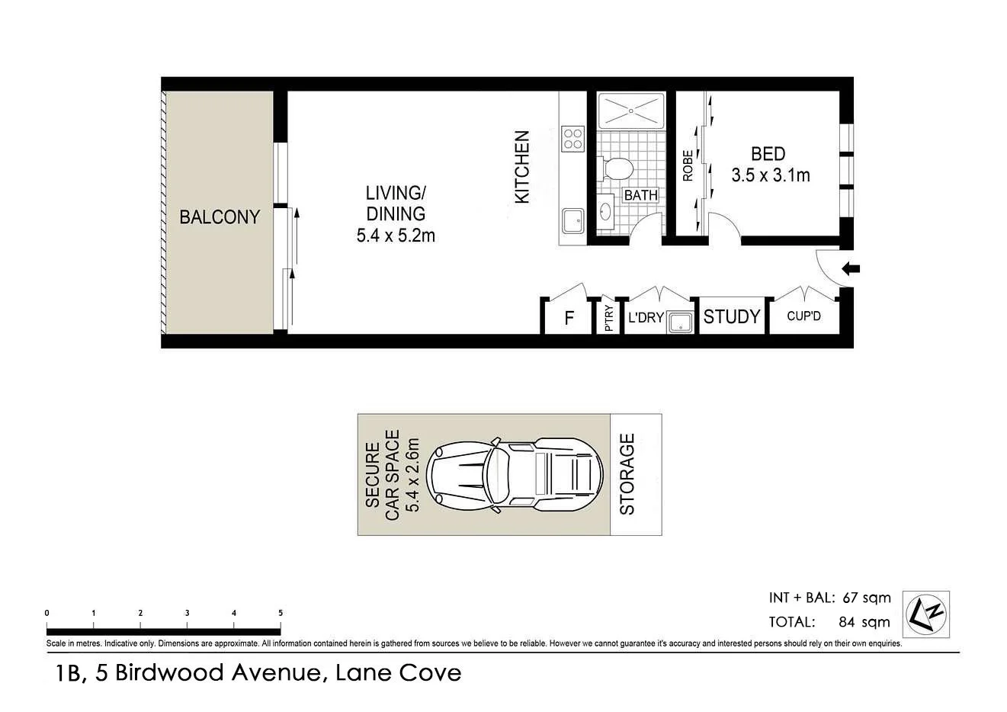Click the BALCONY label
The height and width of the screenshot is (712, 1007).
tap(220, 217)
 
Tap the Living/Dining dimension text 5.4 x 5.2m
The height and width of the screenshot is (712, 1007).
tap(396, 236)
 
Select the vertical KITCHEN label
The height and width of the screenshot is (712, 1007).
tap(522, 167)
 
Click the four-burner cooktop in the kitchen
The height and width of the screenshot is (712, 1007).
tap(572, 139)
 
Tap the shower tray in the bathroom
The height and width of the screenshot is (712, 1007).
tap(631, 111)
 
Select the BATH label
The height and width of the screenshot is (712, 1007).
tap(640, 195)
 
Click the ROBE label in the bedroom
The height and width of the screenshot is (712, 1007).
tap(688, 165)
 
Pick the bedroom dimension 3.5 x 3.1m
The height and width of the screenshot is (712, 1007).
tap(771, 175)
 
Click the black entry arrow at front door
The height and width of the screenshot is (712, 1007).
tap(851, 268)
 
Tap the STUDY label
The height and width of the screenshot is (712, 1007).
tap(732, 316)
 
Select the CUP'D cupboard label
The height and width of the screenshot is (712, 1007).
tap(803, 316)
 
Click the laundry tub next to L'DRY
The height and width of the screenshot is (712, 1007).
tap(679, 322)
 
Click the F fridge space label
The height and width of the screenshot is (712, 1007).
tap(569, 318)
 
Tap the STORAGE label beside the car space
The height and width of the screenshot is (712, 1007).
tap(627, 474)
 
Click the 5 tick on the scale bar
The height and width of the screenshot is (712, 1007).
tap(281, 613)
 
